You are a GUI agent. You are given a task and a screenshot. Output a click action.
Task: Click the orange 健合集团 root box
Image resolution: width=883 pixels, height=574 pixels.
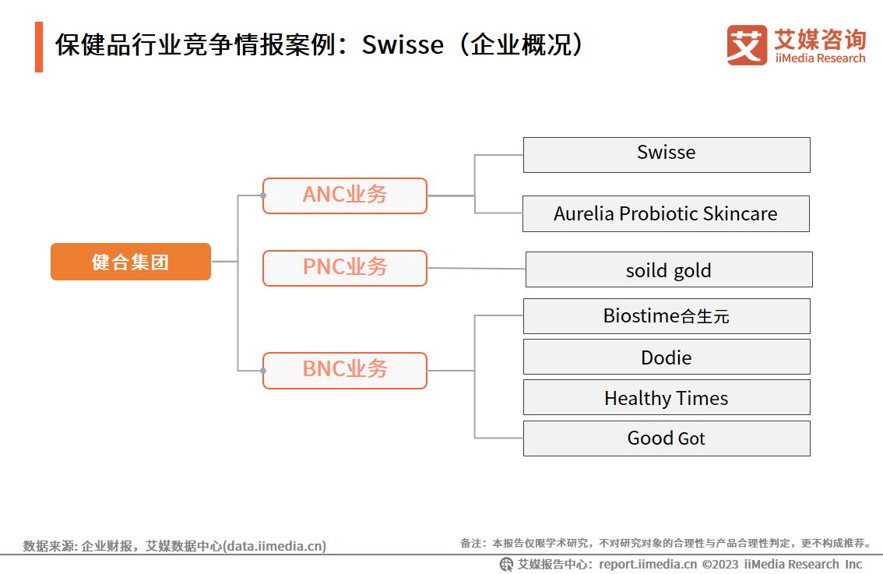point(131,262)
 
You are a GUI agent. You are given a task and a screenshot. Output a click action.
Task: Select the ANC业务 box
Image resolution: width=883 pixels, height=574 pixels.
point(344,195)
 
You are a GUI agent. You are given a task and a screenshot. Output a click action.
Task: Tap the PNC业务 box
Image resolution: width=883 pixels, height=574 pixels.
point(344,268)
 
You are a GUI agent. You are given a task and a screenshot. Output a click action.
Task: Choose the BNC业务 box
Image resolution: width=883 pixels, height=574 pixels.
point(344,370)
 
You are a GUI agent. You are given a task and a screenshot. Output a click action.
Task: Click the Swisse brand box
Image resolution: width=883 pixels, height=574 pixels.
point(666,154)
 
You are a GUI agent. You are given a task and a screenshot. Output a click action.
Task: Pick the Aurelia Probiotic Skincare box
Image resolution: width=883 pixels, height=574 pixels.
point(666,213)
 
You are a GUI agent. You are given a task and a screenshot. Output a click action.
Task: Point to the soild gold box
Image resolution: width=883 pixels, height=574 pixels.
point(668,269)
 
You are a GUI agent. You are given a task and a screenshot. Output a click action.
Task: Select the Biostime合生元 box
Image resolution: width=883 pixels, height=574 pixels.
point(666,316)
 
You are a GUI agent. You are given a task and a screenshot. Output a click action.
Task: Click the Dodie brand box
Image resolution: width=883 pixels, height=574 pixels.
point(666,357)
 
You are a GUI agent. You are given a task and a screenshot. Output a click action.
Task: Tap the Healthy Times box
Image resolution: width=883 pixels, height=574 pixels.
point(666,397)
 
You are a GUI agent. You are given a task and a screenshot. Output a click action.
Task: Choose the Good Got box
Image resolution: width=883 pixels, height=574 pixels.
point(666,438)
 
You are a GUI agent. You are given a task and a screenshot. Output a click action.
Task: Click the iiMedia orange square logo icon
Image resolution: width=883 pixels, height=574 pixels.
point(747,44)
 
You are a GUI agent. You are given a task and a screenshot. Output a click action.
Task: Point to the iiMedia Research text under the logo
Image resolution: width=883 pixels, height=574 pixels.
point(820,58)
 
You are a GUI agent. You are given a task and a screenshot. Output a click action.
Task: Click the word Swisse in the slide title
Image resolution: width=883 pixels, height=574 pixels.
point(403,45)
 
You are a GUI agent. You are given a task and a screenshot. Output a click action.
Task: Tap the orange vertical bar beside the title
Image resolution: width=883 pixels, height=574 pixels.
point(39,47)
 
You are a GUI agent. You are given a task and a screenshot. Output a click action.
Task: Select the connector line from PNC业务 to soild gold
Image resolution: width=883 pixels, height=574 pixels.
point(477,269)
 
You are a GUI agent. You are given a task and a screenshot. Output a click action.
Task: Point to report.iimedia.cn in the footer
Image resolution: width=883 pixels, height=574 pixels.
point(647,564)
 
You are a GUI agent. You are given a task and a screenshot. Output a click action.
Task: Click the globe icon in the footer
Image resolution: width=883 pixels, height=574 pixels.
point(506,564)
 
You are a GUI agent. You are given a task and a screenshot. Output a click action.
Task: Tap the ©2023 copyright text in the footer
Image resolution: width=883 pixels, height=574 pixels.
point(720,564)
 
